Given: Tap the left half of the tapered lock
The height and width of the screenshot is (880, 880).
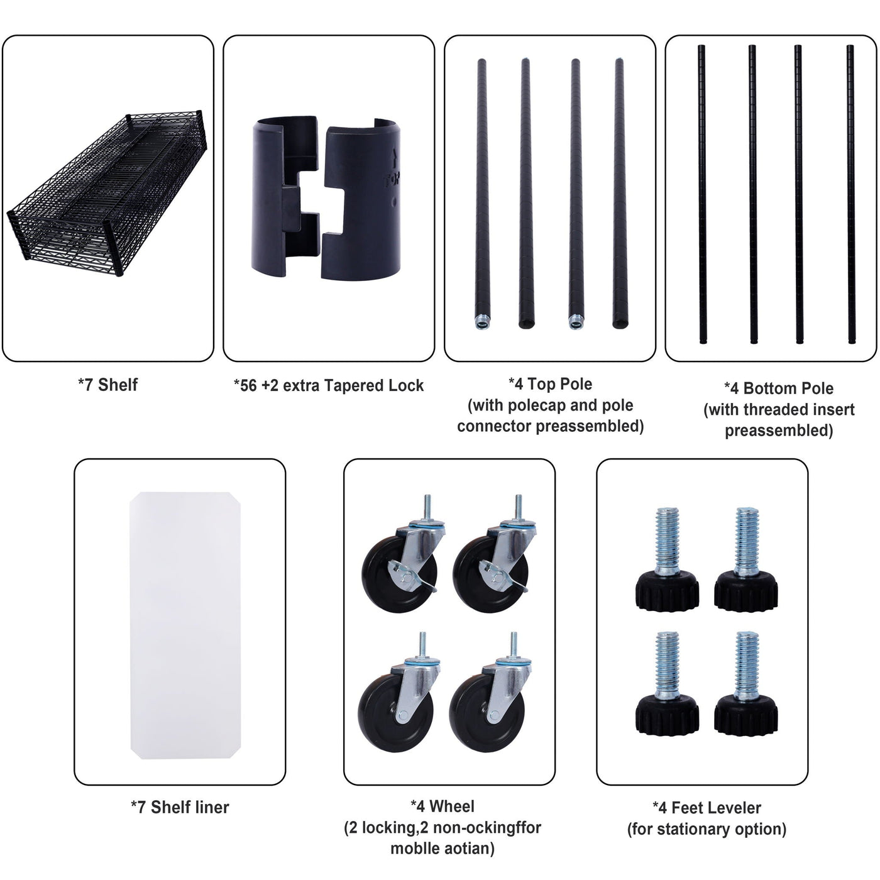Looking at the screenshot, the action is coord(285,199).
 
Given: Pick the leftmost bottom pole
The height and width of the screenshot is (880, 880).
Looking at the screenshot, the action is coord(702,194).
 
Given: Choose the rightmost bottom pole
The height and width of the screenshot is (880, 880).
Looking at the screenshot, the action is coord(850,194).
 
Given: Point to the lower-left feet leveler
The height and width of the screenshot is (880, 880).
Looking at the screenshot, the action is coord(667,684).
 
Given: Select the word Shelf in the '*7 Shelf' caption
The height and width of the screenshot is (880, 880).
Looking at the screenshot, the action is coord(118,385).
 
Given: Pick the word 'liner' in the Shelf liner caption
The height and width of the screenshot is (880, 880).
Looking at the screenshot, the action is coord(209,807).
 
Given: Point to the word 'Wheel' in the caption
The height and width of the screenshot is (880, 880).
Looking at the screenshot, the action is coord(451,806).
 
